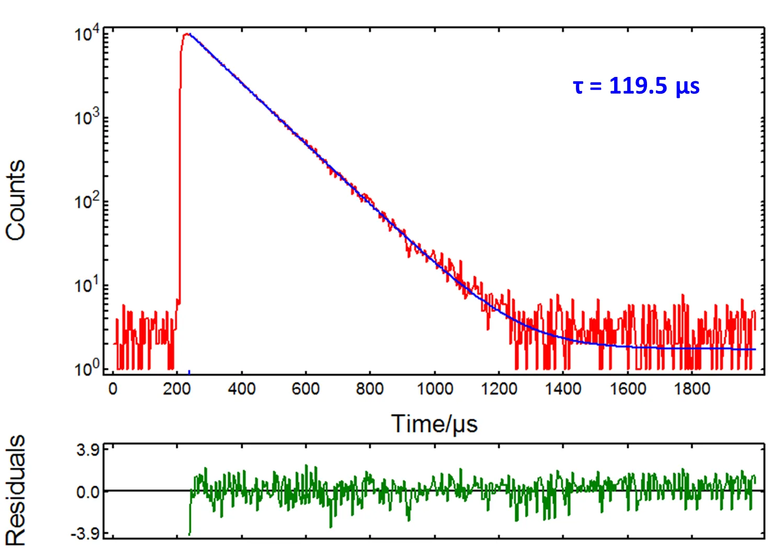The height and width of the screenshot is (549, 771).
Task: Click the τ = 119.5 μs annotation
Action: [636, 85]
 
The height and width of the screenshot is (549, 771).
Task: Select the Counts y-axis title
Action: [16, 200]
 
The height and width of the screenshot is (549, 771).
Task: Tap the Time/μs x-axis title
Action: [434, 423]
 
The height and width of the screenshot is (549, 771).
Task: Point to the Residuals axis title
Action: [16, 491]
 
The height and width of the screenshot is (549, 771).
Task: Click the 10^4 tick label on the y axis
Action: [87, 35]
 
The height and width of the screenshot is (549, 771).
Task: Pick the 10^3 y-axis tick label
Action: [87, 118]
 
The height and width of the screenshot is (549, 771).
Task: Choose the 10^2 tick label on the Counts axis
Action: [87, 201]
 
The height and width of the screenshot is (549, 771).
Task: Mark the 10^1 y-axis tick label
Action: [87, 285]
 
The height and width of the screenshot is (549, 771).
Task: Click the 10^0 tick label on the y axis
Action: [87, 369]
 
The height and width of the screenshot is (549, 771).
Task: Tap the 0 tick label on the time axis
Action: [113, 389]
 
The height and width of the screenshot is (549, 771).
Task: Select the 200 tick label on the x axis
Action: [177, 389]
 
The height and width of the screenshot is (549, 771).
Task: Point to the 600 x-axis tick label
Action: [306, 389]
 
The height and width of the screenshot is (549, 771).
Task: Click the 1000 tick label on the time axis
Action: [435, 389]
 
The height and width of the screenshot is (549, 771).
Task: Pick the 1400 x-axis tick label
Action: [563, 389]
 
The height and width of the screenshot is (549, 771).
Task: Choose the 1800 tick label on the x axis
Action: [692, 389]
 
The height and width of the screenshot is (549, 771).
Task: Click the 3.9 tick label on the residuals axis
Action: [88, 450]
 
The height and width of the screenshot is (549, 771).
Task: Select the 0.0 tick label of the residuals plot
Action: [88, 492]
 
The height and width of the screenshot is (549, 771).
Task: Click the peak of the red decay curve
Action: [186, 35]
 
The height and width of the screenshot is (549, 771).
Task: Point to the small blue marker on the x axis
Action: [189, 373]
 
